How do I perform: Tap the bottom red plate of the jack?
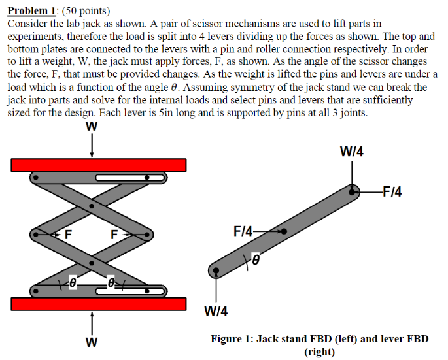click(x=99, y=304)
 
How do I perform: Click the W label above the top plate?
click(x=92, y=127)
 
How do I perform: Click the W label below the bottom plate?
click(x=92, y=342)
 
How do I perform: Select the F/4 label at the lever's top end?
click(x=392, y=191)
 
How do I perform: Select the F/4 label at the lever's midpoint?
click(x=243, y=231)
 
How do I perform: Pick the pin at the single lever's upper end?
click(x=353, y=191)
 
